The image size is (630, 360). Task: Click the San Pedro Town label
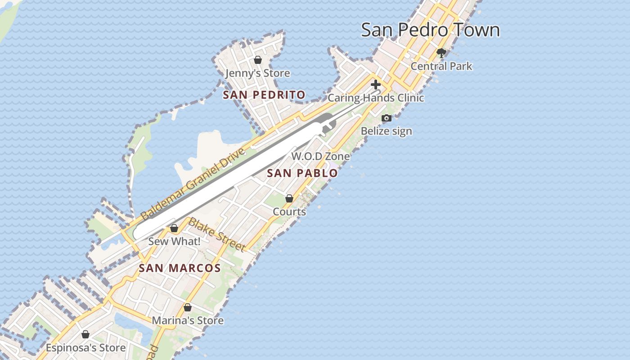tap(430, 30)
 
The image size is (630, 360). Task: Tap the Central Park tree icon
tap(441, 53)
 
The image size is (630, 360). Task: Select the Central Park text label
tap(441, 66)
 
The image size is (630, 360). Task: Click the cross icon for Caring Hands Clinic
tap(376, 85)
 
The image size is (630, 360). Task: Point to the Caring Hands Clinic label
tap(376, 98)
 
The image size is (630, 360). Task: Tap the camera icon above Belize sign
tap(387, 118)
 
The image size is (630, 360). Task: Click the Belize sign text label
tap(387, 131)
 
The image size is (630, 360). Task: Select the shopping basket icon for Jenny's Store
tap(258, 60)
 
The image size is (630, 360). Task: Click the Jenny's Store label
tap(258, 73)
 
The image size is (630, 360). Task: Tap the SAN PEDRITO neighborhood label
tap(264, 95)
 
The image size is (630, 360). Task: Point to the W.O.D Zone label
tap(320, 156)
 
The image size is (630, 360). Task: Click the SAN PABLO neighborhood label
tap(302, 173)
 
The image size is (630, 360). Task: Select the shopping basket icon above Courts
tap(289, 198)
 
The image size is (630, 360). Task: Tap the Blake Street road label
tap(217, 234)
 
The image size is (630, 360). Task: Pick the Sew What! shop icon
tap(174, 229)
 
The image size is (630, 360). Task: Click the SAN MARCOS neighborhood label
tap(180, 269)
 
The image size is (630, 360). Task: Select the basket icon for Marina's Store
tap(188, 308)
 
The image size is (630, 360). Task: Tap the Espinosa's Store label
tap(85, 348)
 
